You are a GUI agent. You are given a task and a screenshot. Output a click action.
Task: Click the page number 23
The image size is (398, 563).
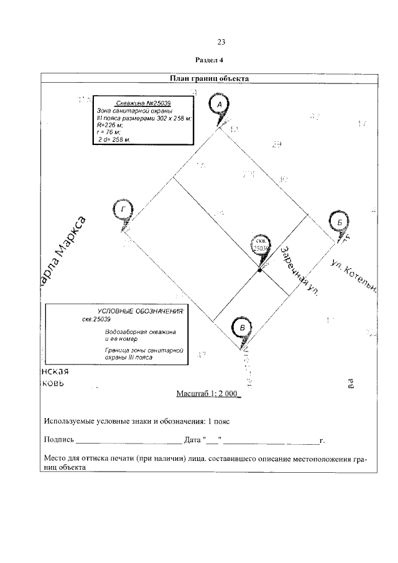(x=221, y=42)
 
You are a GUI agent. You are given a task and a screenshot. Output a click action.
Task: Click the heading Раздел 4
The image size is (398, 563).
(x=209, y=61)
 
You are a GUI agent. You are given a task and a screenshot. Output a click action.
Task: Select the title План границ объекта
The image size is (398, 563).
(x=210, y=79)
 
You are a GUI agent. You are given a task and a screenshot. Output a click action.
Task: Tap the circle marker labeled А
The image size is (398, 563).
(x=219, y=106)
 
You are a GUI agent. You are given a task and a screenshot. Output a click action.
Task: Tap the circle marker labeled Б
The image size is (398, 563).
(x=340, y=222)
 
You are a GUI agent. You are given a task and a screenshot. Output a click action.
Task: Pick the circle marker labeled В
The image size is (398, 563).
(x=242, y=327)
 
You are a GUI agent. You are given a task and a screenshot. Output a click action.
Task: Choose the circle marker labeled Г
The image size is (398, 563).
(x=123, y=210)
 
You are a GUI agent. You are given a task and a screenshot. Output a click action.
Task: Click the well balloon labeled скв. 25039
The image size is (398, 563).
(x=262, y=244)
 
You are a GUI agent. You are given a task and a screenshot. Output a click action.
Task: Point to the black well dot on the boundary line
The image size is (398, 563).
(x=259, y=269)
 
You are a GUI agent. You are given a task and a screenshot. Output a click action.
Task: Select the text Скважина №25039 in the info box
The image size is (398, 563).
(x=144, y=103)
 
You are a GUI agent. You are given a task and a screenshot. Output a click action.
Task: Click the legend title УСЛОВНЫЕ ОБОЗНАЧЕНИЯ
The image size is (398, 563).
(x=141, y=310)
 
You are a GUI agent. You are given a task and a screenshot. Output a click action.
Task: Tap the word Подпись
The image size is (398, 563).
(x=58, y=440)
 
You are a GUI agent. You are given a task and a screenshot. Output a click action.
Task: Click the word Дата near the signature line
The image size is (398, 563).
(x=193, y=440)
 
